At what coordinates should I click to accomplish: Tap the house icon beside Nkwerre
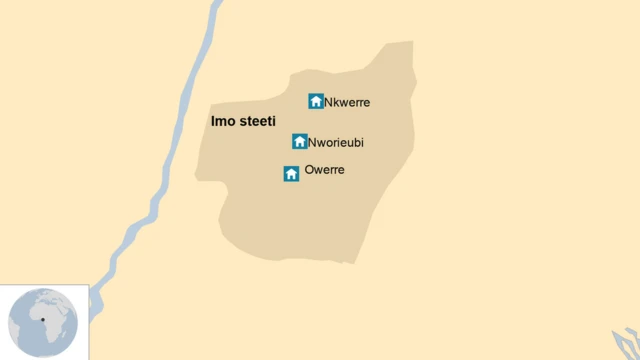(316, 101)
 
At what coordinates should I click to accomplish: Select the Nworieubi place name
(336, 143)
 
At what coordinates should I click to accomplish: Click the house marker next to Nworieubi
(299, 142)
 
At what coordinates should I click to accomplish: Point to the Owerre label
(324, 171)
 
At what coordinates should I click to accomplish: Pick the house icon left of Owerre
(291, 174)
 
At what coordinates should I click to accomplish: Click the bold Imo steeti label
(244, 122)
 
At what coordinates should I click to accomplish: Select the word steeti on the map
(257, 122)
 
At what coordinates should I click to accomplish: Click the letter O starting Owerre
(309, 171)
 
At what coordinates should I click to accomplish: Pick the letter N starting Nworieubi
(313, 143)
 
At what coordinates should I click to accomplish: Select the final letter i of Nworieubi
(362, 143)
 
